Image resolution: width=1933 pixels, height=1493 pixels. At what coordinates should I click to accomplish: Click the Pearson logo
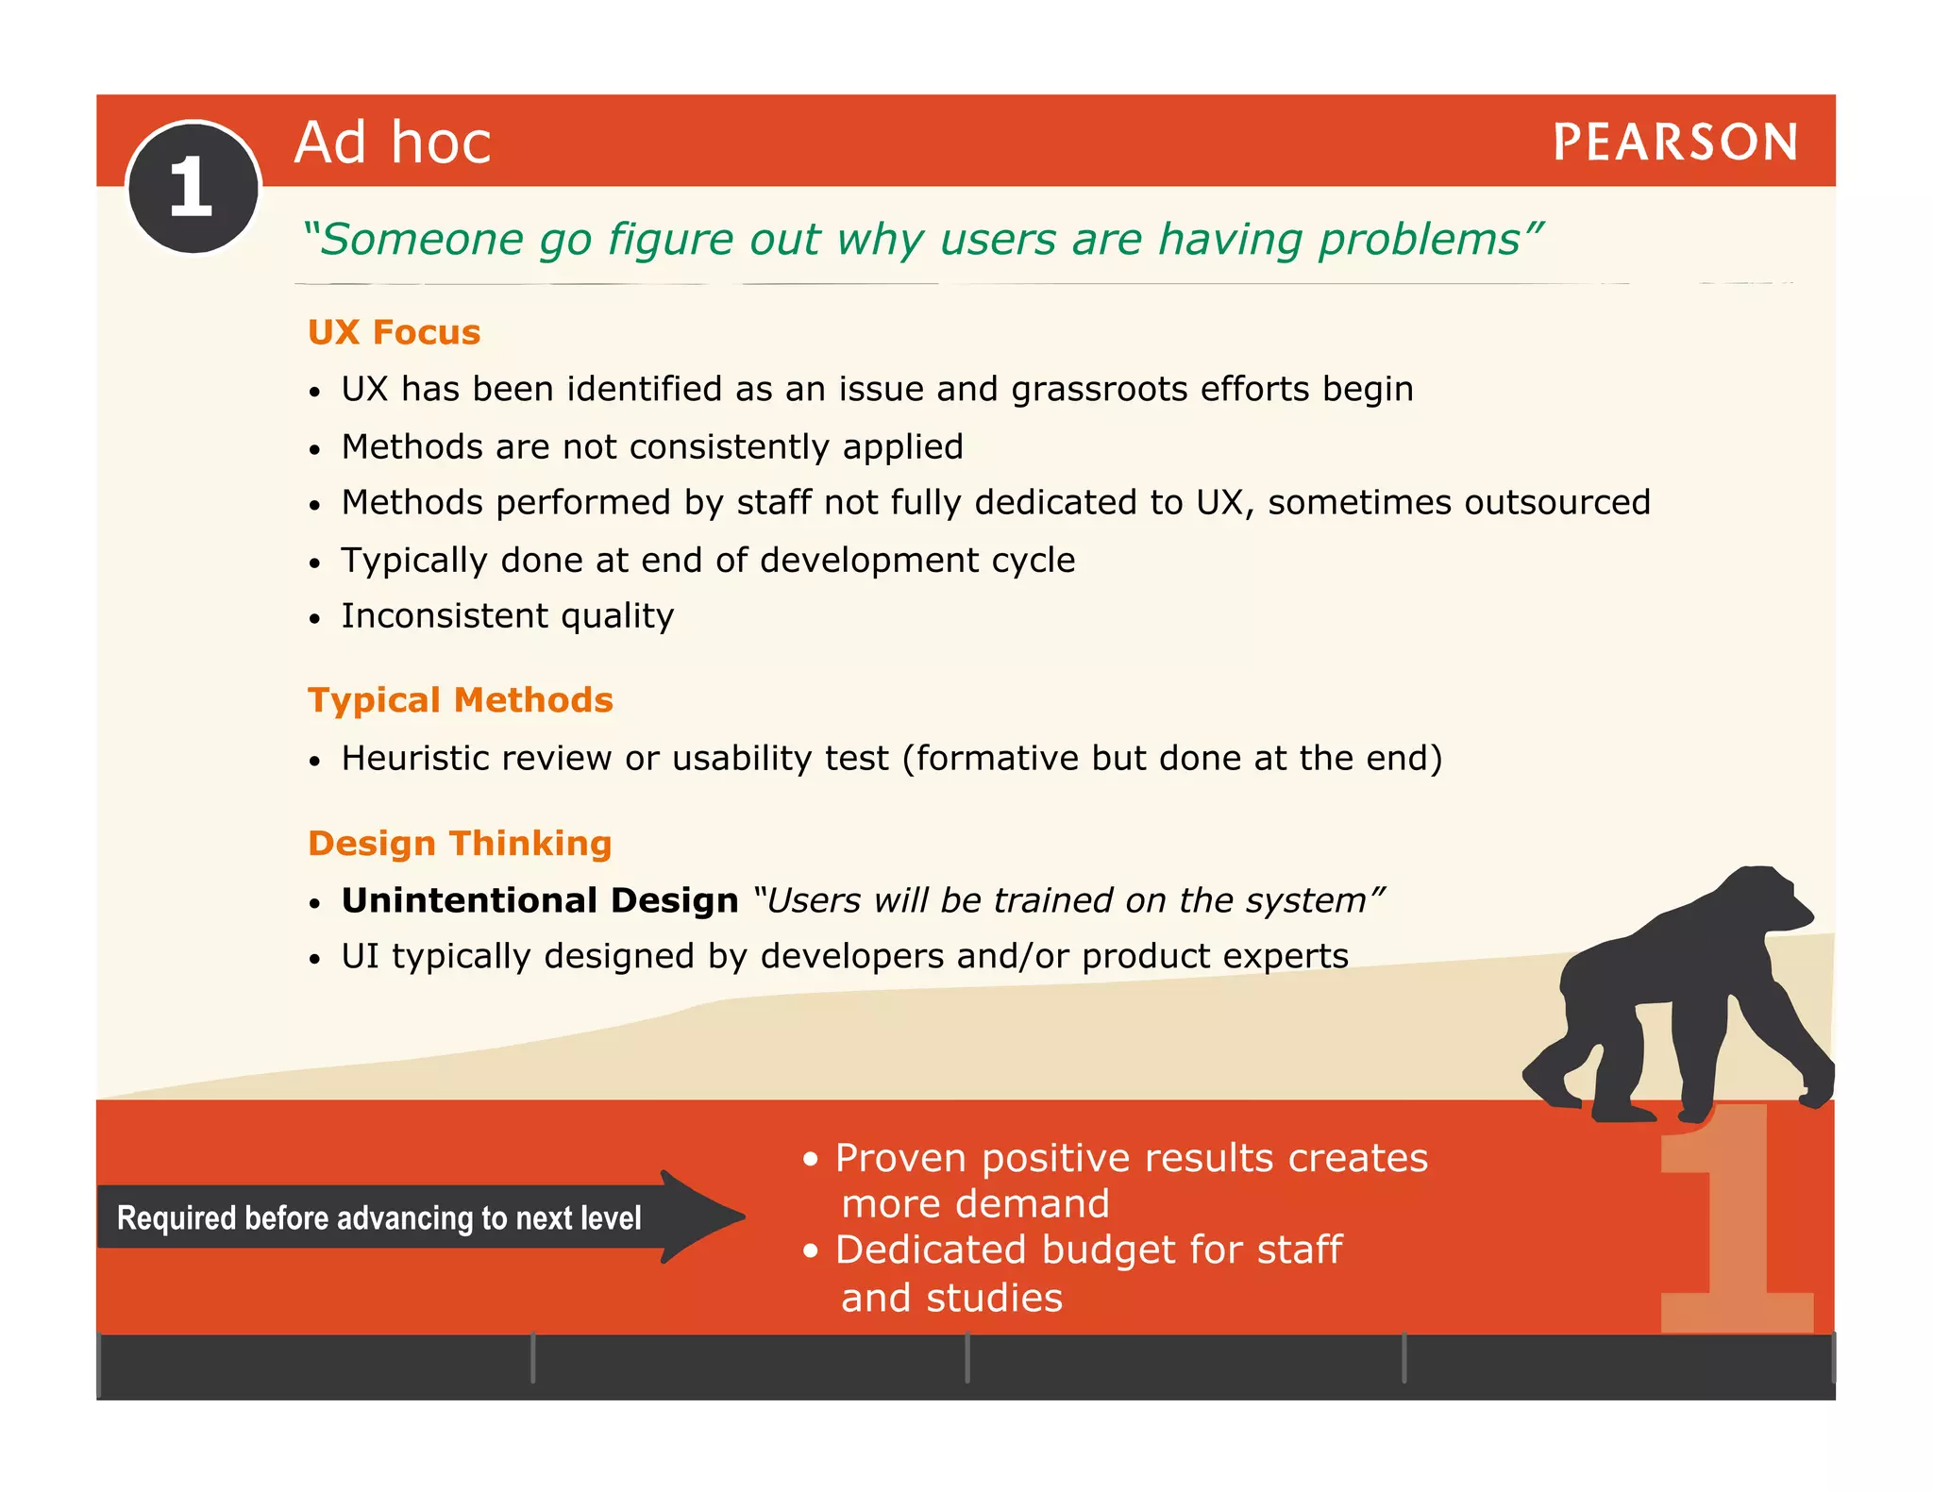coord(1674,143)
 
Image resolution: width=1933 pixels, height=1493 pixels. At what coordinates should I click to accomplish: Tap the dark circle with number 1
coord(193,188)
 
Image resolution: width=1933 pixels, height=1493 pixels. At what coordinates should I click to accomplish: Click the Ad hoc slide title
coord(393,143)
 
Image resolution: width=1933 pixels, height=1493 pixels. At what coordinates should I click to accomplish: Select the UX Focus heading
coord(394,332)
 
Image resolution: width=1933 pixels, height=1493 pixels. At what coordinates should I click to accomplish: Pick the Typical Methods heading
coord(460,700)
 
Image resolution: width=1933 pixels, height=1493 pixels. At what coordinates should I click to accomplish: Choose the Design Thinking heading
coord(460,843)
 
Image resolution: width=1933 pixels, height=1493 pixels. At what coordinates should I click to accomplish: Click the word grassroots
coord(1099,390)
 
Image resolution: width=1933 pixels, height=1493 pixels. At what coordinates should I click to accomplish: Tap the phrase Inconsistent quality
coord(507,616)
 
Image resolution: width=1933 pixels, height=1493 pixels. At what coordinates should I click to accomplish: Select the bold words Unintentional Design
coord(539,900)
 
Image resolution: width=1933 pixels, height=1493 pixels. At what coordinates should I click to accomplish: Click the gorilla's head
coord(1765,901)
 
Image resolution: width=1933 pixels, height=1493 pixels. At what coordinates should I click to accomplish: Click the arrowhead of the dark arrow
coord(703,1216)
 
